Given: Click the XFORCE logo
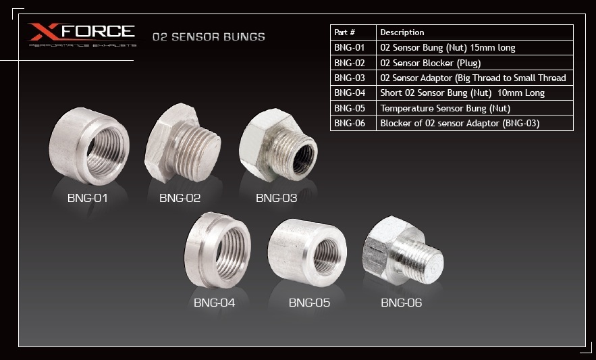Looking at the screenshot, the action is tap(82, 34).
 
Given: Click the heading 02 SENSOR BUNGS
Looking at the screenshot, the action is tap(209, 37).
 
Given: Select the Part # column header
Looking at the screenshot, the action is tap(344, 32).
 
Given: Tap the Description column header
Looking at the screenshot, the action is tap(402, 32).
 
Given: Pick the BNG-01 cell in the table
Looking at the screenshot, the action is tap(350, 47).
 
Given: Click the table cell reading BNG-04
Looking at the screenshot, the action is tap(350, 93).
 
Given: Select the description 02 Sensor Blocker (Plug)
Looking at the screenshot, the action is tap(431, 63).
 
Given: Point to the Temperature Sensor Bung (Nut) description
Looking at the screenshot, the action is tap(445, 109).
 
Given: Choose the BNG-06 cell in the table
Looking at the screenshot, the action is tap(350, 124).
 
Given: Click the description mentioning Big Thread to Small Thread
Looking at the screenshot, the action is tap(473, 78).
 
